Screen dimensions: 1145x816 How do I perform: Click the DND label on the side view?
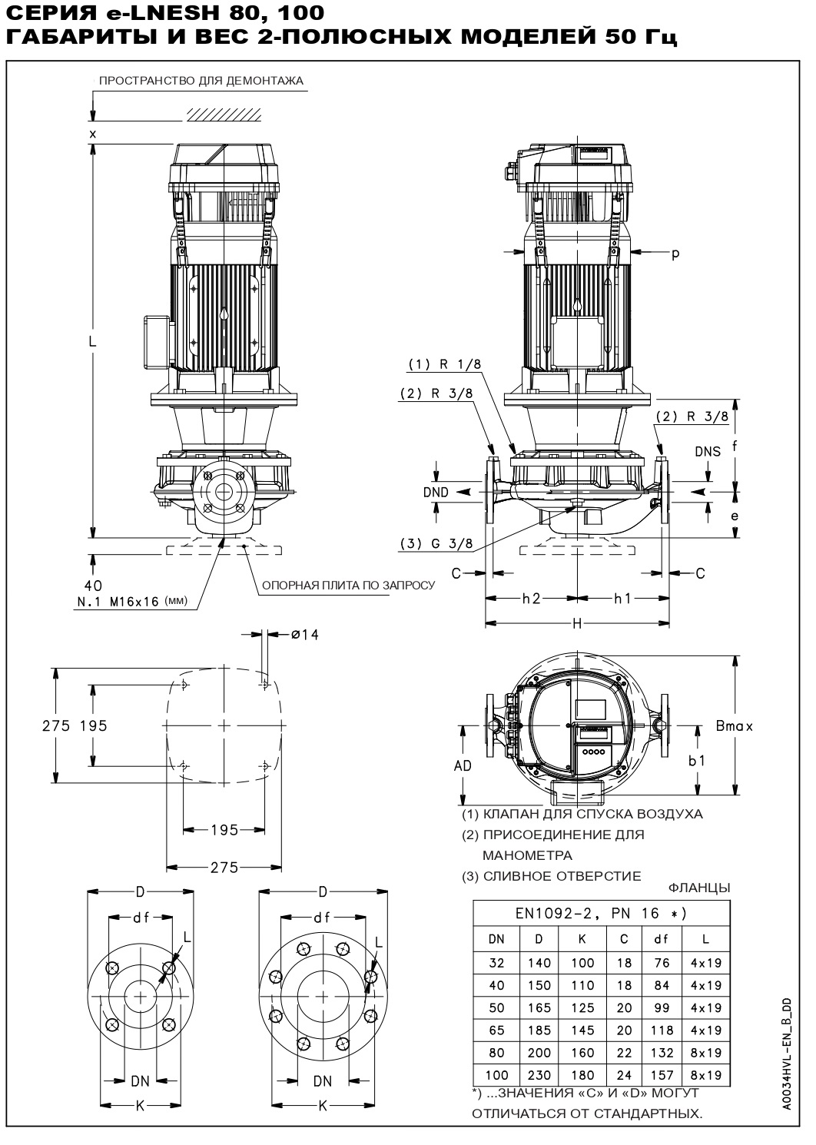435,492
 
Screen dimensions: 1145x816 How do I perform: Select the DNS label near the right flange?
708,451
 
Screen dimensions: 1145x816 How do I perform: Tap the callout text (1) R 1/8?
438,363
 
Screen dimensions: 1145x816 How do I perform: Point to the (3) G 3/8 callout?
436,543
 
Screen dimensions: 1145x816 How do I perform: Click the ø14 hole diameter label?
304,634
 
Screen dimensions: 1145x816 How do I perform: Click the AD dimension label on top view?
463,765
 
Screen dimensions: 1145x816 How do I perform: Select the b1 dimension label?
696,761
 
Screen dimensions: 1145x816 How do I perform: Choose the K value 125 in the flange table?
582,1007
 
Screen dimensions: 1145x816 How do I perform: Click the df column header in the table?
662,938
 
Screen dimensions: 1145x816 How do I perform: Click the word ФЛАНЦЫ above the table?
699,888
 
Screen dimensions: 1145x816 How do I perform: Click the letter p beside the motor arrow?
675,254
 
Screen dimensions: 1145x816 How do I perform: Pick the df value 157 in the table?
662,1075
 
